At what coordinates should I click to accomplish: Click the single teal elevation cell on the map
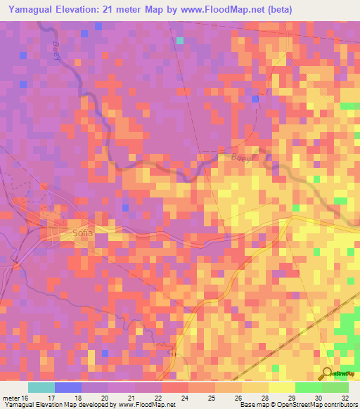tap(180, 41)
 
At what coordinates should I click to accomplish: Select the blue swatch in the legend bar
tap(67, 387)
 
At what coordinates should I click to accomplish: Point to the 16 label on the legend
tap(26, 397)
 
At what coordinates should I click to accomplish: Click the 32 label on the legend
tap(345, 397)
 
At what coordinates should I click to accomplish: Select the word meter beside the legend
tap(11, 397)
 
